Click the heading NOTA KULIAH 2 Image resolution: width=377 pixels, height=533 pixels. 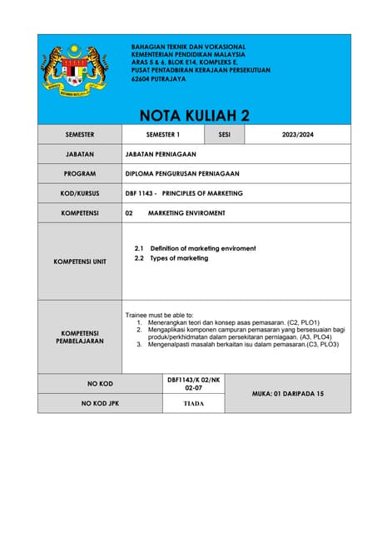[194, 115]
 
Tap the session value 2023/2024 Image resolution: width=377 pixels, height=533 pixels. [297, 134]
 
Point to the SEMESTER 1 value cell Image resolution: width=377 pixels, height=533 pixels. [163, 134]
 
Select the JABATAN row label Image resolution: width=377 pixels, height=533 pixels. [80, 154]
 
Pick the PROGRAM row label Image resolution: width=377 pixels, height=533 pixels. [80, 173]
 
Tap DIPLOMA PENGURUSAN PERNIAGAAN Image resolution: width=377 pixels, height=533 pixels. [181, 173]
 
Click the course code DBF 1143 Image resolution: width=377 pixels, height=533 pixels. [139, 193]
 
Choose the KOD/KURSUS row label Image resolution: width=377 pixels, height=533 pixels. [80, 193]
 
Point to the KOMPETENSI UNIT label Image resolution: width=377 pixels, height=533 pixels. [80, 262]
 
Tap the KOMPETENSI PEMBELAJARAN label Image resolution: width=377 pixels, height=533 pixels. [80, 336]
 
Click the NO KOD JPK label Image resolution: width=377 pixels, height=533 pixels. [100, 403]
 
